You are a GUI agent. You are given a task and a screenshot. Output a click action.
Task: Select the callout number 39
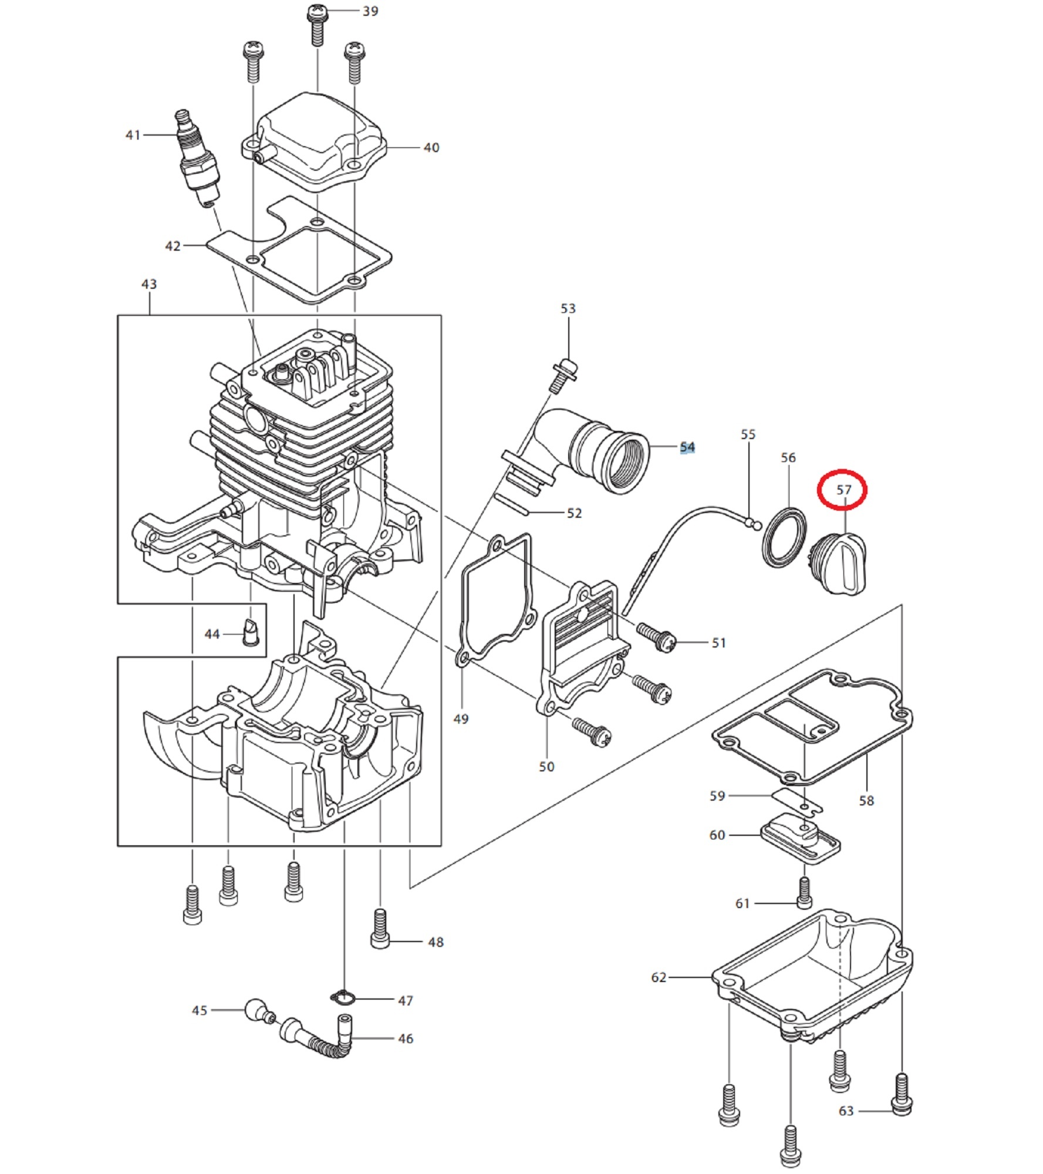point(370,11)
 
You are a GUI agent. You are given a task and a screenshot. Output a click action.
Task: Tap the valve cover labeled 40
point(313,142)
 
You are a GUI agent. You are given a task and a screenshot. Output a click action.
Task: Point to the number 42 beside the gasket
point(173,246)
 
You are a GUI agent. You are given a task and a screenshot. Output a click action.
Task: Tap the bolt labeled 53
point(563,374)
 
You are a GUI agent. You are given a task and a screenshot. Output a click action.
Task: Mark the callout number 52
point(574,513)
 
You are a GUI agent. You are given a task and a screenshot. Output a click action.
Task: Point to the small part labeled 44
point(251,632)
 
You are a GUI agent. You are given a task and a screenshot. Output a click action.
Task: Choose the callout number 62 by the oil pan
point(659,977)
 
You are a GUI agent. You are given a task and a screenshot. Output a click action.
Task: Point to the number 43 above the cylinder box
point(149,284)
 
